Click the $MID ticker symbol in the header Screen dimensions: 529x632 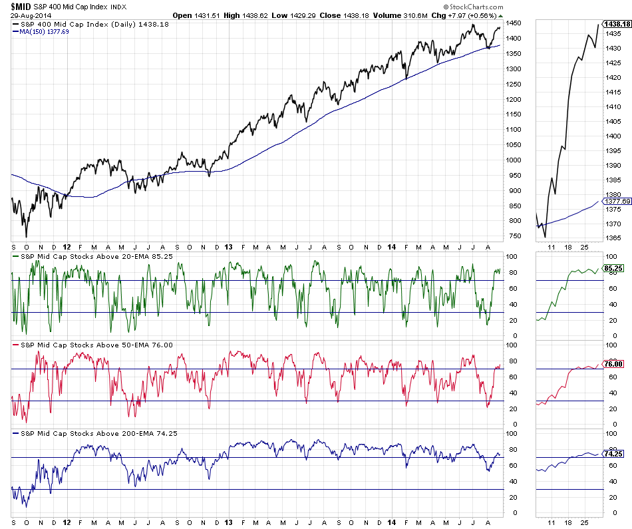point(20,6)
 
